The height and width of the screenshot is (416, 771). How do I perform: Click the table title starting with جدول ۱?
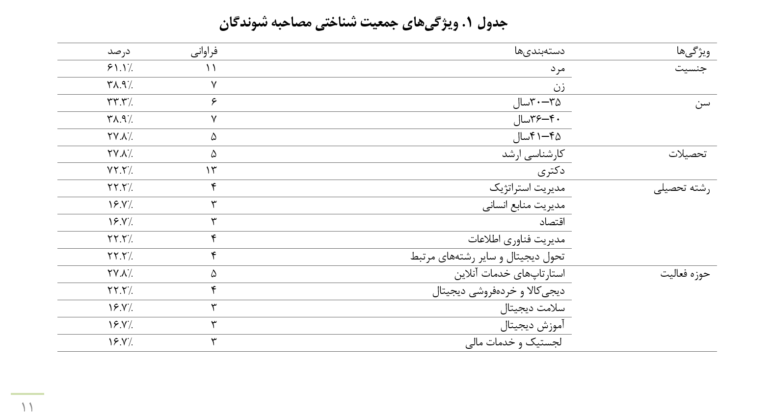[x=363, y=23]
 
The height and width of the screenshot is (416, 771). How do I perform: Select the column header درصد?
[x=119, y=52]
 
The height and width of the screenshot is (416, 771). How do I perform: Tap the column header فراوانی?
[x=204, y=52]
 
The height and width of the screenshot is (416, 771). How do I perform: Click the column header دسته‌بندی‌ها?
[x=539, y=51]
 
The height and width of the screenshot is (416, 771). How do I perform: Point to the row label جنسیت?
[x=691, y=69]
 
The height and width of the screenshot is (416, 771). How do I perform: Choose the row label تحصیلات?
[x=687, y=154]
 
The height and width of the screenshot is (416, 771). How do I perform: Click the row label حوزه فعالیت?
[x=685, y=274]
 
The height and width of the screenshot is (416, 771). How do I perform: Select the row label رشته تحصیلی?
[x=682, y=188]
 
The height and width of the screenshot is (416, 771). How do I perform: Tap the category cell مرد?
[x=558, y=69]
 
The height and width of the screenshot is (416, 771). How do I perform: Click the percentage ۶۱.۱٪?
[x=120, y=68]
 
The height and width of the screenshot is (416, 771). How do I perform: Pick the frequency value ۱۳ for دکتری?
[x=211, y=171]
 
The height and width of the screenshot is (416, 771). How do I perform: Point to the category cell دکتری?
[x=551, y=171]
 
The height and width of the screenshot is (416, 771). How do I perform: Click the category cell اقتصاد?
[x=552, y=222]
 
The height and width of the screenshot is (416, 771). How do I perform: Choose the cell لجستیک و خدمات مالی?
[x=513, y=342]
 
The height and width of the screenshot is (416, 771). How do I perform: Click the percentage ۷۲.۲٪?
[x=120, y=171]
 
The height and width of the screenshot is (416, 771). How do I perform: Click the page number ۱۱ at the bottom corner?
[x=27, y=407]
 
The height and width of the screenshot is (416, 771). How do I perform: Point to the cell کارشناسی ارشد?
[x=533, y=154]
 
